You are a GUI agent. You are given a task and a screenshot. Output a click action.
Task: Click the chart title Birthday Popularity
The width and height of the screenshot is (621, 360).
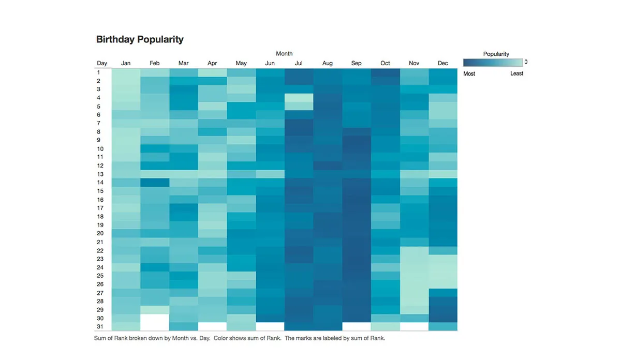[140, 39]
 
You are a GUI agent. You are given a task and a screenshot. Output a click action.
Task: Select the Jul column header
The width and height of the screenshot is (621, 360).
[299, 63]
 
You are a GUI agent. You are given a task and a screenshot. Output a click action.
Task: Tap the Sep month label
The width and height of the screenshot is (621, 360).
[356, 63]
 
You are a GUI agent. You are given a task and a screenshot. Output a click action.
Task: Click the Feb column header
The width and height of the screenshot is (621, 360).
[155, 63]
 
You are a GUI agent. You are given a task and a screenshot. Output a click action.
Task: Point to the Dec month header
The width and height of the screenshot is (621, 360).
[443, 63]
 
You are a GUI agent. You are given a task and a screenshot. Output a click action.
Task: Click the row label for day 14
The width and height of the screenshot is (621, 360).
[100, 182]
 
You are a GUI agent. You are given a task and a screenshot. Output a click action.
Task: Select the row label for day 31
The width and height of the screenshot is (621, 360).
[100, 326]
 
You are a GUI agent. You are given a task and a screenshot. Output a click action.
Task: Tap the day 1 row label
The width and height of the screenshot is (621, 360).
[98, 72]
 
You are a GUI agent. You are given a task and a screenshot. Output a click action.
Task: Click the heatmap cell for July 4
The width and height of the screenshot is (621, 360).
[299, 98]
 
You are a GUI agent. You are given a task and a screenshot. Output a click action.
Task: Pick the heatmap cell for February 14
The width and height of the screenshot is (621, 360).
[155, 182]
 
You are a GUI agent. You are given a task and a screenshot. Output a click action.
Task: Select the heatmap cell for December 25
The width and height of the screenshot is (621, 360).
[443, 276]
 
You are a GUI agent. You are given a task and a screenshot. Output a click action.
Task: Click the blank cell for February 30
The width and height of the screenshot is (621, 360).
[155, 318]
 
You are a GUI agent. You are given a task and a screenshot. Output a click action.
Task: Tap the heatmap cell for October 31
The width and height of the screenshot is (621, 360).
[386, 326]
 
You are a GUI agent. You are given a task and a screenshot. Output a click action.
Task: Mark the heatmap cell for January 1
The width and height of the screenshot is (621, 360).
[126, 72]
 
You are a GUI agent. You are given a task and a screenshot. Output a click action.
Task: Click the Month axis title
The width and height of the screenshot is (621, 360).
[284, 53]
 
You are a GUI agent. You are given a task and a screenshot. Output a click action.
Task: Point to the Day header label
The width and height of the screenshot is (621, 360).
[102, 63]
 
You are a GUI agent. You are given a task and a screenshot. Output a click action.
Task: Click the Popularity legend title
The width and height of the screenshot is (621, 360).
[496, 54]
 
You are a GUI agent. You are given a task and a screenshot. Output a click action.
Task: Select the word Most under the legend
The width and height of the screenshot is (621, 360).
[469, 73]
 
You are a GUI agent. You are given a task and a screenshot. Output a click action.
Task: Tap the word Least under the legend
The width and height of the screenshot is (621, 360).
[516, 73]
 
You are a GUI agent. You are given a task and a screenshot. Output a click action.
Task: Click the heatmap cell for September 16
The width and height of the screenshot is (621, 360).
[356, 199]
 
